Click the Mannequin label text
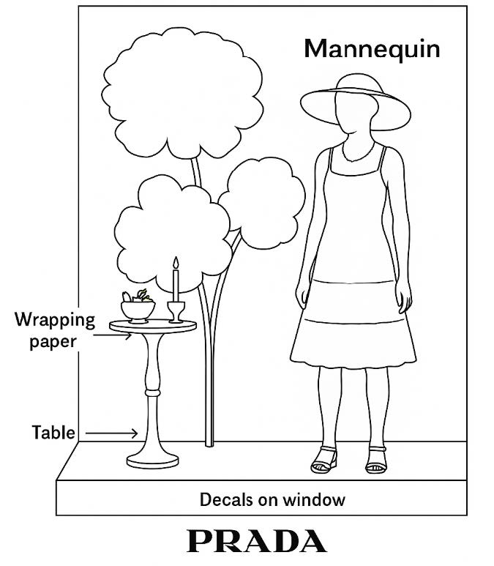coord(372,49)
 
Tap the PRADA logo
coord(256,541)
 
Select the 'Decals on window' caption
coord(272,500)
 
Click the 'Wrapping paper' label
coord(55,330)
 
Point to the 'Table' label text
coord(53,432)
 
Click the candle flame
coord(175,262)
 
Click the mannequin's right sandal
coord(324,460)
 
